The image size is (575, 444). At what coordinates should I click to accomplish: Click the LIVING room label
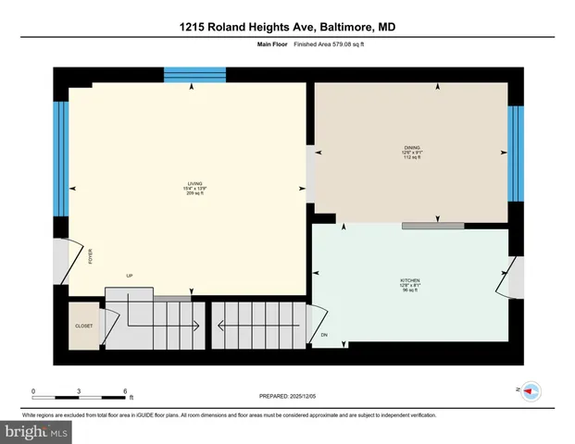click(x=194, y=183)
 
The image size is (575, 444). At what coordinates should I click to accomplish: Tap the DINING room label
click(x=412, y=146)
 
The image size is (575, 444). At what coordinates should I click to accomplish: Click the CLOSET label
click(x=84, y=326)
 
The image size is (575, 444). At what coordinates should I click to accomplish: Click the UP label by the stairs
click(x=131, y=276)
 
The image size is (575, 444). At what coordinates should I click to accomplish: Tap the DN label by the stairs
click(x=324, y=334)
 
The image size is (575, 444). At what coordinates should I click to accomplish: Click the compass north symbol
click(x=531, y=391)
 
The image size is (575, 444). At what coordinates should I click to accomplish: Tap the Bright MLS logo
click(x=35, y=431)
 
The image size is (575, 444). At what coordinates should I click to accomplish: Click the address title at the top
click(x=287, y=28)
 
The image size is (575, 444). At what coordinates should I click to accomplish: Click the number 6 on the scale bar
click(x=125, y=390)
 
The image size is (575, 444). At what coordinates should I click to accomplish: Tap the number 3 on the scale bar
click(x=80, y=390)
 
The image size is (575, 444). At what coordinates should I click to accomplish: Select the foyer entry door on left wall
click(x=61, y=260)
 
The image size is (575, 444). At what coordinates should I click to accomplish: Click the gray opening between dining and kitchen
click(x=432, y=225)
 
